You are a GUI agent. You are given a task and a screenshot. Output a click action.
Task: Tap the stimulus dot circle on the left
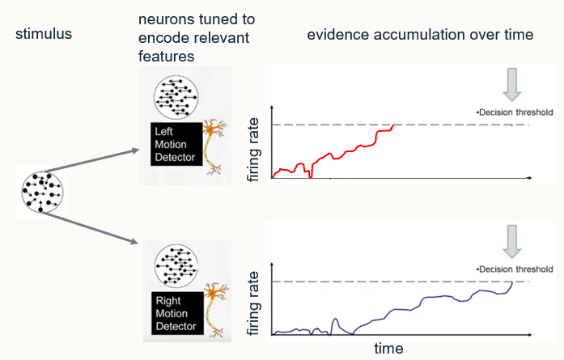click(40, 190)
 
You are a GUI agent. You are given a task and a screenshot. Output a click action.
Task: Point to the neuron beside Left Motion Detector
click(215, 146)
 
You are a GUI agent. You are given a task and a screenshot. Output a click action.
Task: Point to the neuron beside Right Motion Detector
click(215, 311)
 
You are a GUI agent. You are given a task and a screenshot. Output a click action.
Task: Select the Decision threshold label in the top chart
click(515, 112)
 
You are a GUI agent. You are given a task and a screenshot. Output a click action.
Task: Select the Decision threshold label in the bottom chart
click(515, 269)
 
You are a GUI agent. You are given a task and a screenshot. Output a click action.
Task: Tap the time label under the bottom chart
click(388, 349)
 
